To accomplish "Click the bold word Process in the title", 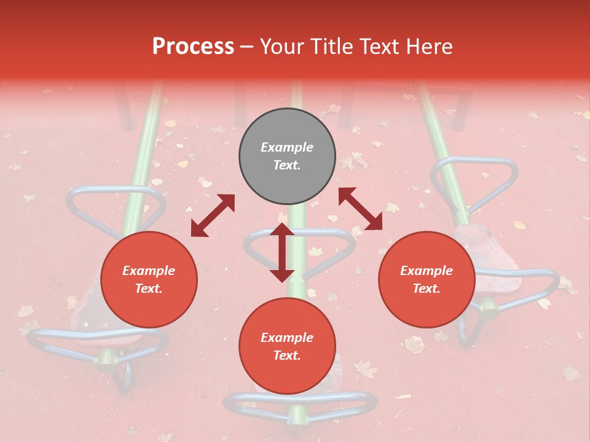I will (193, 47).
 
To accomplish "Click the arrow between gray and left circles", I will (213, 215).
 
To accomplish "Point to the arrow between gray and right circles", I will (360, 209).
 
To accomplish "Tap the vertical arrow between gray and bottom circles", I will (282, 252).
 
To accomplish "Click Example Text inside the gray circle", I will (287, 157).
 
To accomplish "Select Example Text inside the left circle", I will (149, 280).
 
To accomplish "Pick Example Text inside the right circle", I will (427, 280).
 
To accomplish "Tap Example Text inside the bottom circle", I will (287, 347).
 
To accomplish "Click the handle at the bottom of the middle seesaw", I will (301, 402).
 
